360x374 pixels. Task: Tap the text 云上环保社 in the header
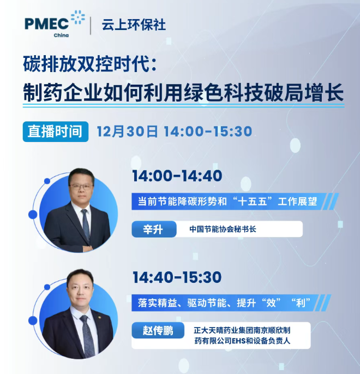click(x=133, y=25)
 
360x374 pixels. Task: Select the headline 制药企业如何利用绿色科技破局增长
click(x=183, y=92)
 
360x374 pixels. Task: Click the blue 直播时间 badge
click(x=56, y=131)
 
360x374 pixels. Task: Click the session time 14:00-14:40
click(x=177, y=176)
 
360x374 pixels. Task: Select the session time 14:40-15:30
click(x=177, y=277)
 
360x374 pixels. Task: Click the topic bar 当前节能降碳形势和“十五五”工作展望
click(x=231, y=201)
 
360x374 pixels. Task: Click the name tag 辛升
click(x=151, y=229)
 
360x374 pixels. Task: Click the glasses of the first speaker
click(x=80, y=187)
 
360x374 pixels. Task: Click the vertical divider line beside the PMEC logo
click(x=90, y=25)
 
